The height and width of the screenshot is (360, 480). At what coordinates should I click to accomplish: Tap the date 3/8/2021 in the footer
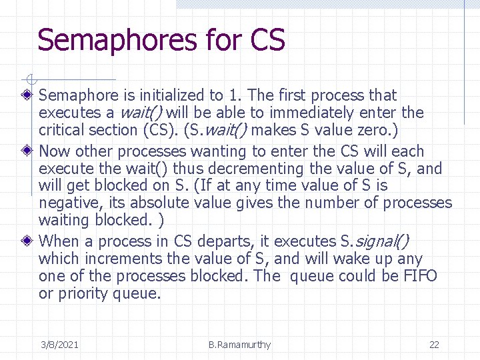tap(59, 345)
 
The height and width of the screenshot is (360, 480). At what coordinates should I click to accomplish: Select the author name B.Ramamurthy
tap(239, 345)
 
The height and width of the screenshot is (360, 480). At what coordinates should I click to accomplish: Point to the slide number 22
tap(434, 345)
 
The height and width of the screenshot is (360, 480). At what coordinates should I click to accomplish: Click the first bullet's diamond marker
tap(27, 95)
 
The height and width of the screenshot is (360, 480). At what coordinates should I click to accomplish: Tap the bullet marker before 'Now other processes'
tap(27, 151)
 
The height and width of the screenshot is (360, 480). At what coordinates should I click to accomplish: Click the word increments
tap(117, 259)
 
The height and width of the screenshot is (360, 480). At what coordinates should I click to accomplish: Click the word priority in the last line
tap(82, 293)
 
